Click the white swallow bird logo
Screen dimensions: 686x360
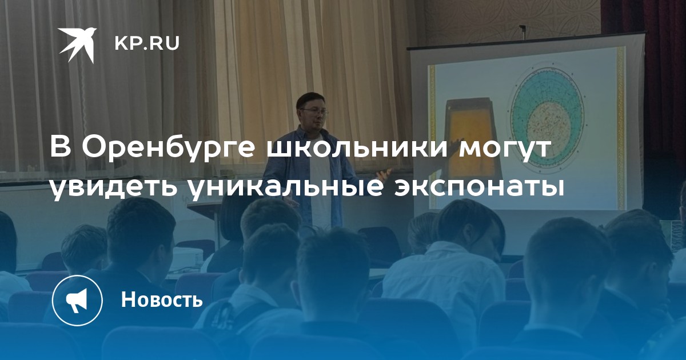pyautogui.click(x=77, y=45)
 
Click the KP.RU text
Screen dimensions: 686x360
pyautogui.click(x=147, y=44)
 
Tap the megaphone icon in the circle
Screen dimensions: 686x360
pyautogui.click(x=77, y=299)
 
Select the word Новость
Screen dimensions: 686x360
pyautogui.click(x=162, y=299)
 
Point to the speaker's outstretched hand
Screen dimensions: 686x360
pyautogui.click(x=384, y=174)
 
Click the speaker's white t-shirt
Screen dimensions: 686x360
pyautogui.click(x=321, y=183)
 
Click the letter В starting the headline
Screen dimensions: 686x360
pyautogui.click(x=61, y=147)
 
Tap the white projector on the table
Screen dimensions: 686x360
pyautogui.click(x=188, y=259)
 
